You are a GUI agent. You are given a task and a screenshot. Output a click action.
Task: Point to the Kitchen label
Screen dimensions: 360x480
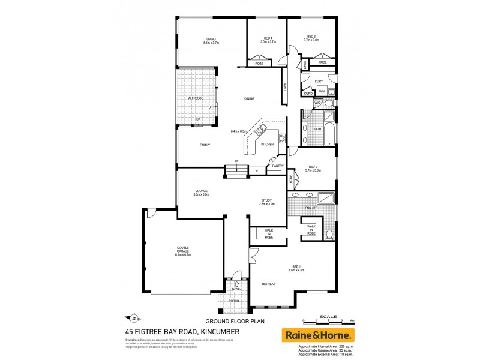click(x=267, y=145)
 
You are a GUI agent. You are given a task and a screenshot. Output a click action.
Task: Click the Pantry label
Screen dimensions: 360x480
click(x=277, y=166)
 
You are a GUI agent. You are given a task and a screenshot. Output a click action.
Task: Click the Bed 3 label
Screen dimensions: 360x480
click(x=311, y=36)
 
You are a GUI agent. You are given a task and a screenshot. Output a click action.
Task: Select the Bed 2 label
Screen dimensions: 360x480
click(x=313, y=166)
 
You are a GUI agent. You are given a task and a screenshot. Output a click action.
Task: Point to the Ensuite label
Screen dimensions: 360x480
click(x=311, y=208)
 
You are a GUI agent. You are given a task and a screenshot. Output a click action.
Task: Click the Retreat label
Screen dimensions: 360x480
click(x=268, y=283)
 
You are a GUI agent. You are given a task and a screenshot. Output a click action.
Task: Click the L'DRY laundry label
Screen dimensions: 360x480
click(x=319, y=81)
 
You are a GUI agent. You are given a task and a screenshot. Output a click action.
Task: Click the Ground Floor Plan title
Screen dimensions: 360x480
click(x=227, y=321)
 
